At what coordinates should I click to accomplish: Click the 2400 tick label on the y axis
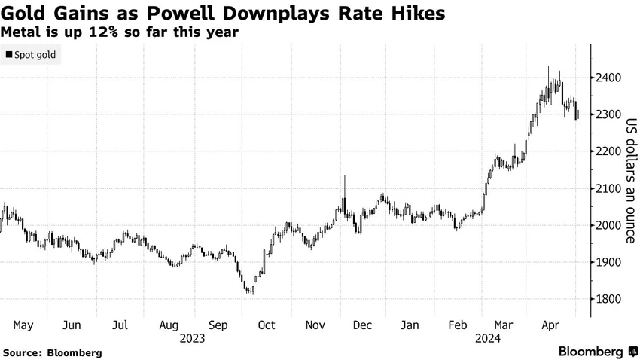click(x=608, y=78)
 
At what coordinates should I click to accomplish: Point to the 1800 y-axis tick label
click(x=608, y=299)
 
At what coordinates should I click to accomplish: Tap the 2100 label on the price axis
click(x=608, y=188)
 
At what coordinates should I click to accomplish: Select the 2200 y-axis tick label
click(x=608, y=151)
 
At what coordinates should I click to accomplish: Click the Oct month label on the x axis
click(x=267, y=325)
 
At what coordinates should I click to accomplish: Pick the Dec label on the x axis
click(x=362, y=325)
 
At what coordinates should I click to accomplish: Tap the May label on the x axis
click(x=23, y=325)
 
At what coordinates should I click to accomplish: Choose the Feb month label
click(x=458, y=325)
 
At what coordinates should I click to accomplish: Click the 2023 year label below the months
click(x=192, y=339)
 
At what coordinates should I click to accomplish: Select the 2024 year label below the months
click(x=488, y=339)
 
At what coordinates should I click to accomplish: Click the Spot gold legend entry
click(x=31, y=55)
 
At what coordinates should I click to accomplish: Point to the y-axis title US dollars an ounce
click(x=631, y=181)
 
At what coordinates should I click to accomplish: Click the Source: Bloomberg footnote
click(x=52, y=352)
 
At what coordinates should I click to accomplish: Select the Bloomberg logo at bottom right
click(x=598, y=352)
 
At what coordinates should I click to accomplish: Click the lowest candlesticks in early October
click(x=250, y=290)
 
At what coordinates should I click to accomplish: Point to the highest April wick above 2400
click(x=548, y=76)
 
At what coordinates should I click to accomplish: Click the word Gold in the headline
click(x=23, y=13)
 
